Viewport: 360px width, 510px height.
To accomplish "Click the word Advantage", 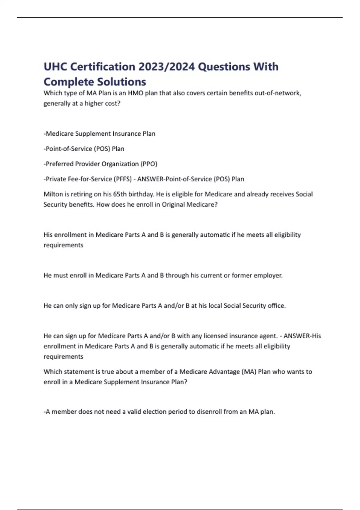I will pyautogui.click(x=224, y=372).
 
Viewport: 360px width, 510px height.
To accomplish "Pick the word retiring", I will pyautogui.click(x=81, y=194).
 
